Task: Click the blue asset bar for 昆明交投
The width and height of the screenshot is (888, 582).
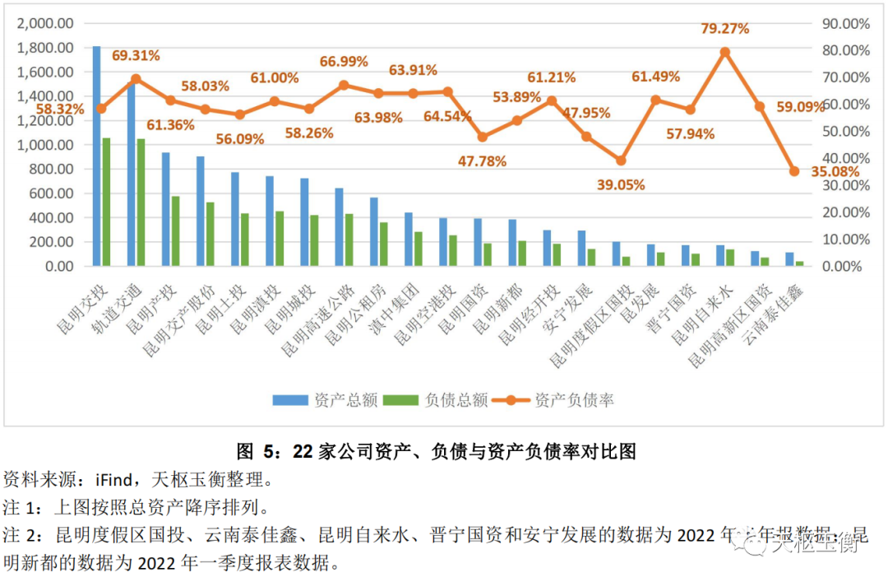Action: pyautogui.click(x=96, y=156)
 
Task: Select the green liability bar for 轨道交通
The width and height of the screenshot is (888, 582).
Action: pyautogui.click(x=141, y=203)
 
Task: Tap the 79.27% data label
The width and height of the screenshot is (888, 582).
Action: pyautogui.click(x=724, y=29)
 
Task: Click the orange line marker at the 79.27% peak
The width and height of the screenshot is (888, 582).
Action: pyautogui.click(x=725, y=52)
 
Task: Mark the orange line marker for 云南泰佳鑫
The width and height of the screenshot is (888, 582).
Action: pyautogui.click(x=794, y=171)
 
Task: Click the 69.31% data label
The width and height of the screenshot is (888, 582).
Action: pyautogui.click(x=136, y=56)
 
